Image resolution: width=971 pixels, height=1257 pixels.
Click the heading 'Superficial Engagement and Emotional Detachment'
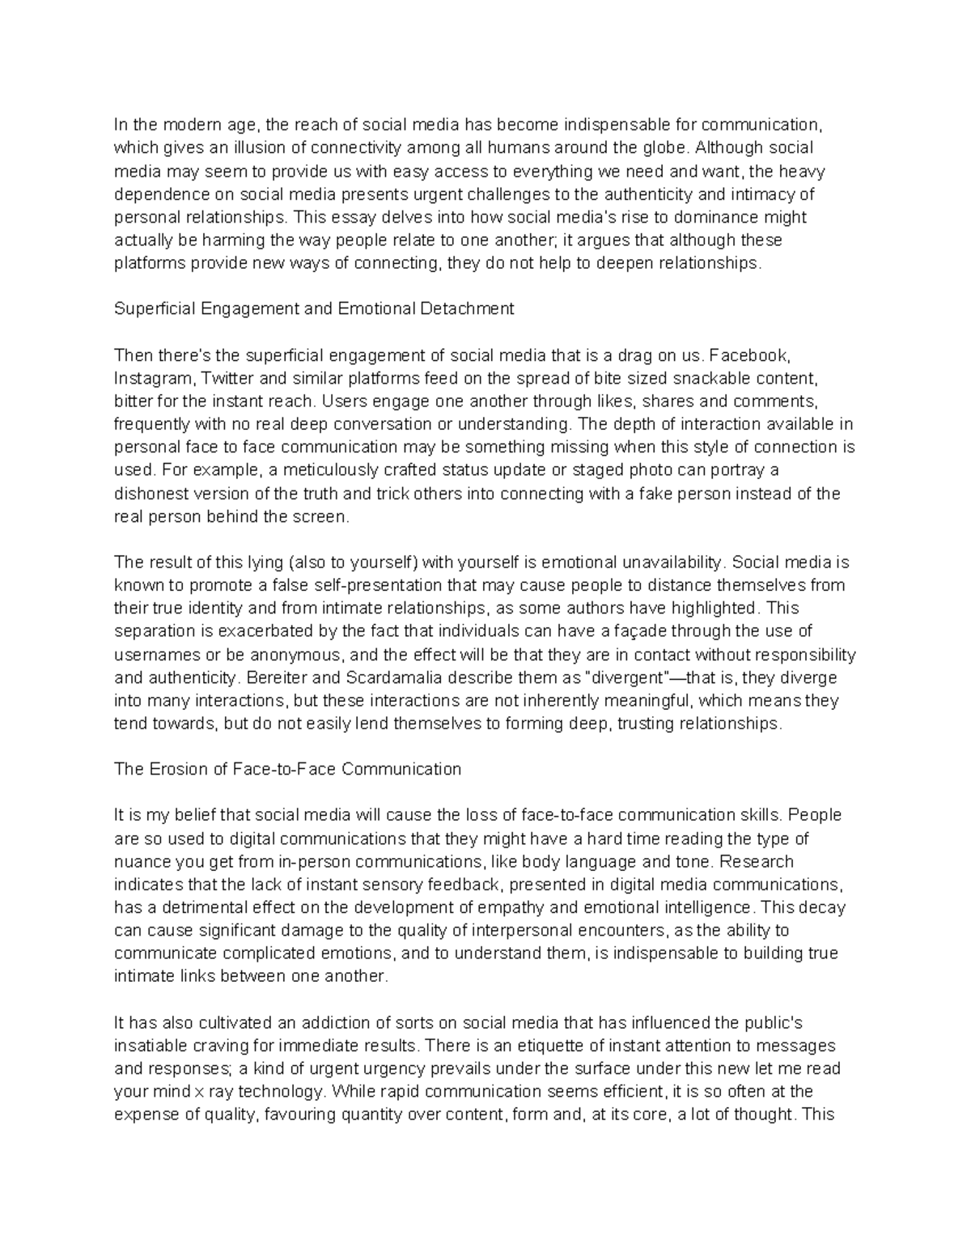[x=314, y=308]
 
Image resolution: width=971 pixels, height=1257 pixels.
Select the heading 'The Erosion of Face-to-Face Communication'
[x=287, y=769]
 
